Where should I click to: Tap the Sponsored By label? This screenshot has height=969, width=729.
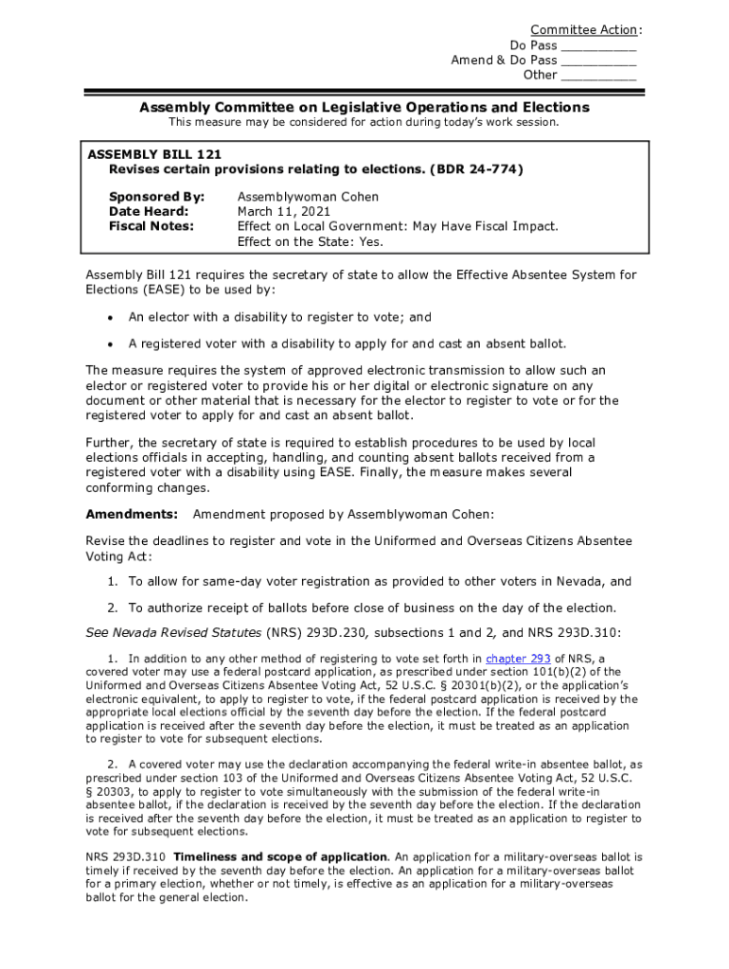[157, 197]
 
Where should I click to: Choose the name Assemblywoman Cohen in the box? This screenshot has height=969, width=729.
[308, 197]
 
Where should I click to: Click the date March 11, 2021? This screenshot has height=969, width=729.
[284, 212]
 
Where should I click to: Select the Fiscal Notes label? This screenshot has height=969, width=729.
[151, 226]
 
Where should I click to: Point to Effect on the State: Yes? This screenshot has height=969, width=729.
[311, 241]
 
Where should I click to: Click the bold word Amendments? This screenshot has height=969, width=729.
[132, 514]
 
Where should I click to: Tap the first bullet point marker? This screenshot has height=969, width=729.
[111, 319]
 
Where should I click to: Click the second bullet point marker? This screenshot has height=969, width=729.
[111, 344]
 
